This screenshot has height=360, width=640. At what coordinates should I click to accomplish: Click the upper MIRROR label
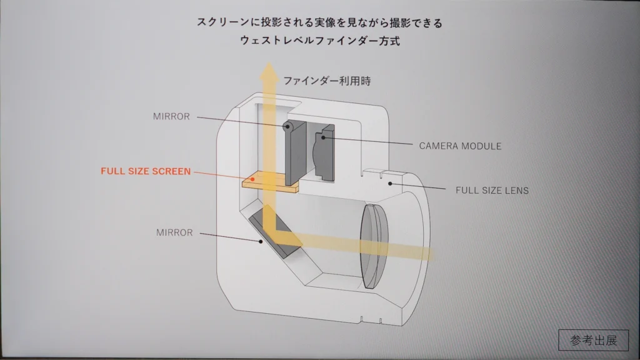(x=171, y=116)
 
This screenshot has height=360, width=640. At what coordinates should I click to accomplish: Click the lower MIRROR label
(x=174, y=232)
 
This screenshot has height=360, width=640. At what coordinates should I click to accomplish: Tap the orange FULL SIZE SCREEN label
(x=146, y=171)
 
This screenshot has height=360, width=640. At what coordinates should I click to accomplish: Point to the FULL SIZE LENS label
(x=492, y=190)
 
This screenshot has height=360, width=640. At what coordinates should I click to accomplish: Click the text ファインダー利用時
(x=326, y=81)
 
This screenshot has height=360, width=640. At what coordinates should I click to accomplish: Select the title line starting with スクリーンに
(x=319, y=23)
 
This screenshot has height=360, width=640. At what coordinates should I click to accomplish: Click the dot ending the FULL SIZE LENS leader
(x=389, y=182)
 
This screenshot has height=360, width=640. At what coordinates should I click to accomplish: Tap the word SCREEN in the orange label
(x=171, y=171)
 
